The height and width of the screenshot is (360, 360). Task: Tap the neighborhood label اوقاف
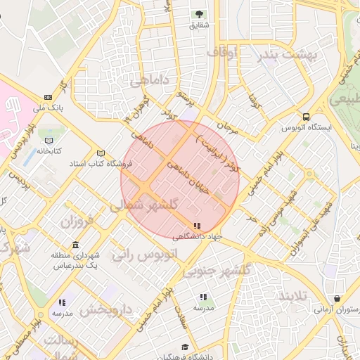pos(223,52)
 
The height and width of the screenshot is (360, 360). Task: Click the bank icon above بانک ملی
pos(48,97)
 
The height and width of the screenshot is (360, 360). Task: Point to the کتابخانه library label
pos(50,150)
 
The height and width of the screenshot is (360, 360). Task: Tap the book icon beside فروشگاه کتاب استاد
pos(101,153)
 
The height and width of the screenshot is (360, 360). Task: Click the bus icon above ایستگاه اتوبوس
pos(305,116)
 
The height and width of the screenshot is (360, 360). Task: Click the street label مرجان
pos(229,127)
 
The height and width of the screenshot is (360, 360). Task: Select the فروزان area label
pos(77,224)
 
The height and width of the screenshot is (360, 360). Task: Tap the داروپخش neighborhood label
pos(105,309)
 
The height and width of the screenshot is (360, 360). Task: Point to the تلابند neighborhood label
pos(293,295)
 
